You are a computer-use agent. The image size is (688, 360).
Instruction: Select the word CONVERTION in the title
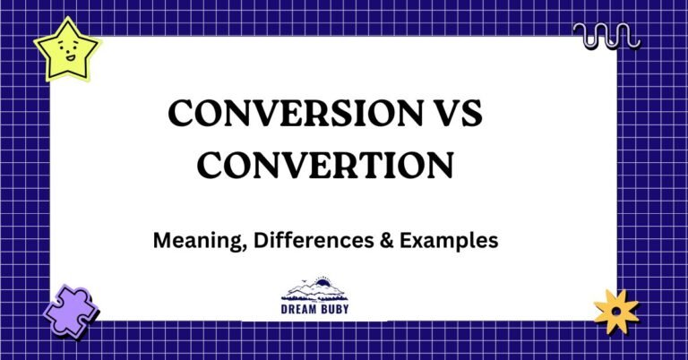click(x=326, y=166)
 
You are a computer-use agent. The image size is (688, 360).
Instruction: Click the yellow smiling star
click(x=67, y=51)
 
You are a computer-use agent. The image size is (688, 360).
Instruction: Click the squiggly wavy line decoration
click(x=606, y=37)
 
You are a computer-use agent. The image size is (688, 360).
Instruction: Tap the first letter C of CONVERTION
click(x=211, y=166)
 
